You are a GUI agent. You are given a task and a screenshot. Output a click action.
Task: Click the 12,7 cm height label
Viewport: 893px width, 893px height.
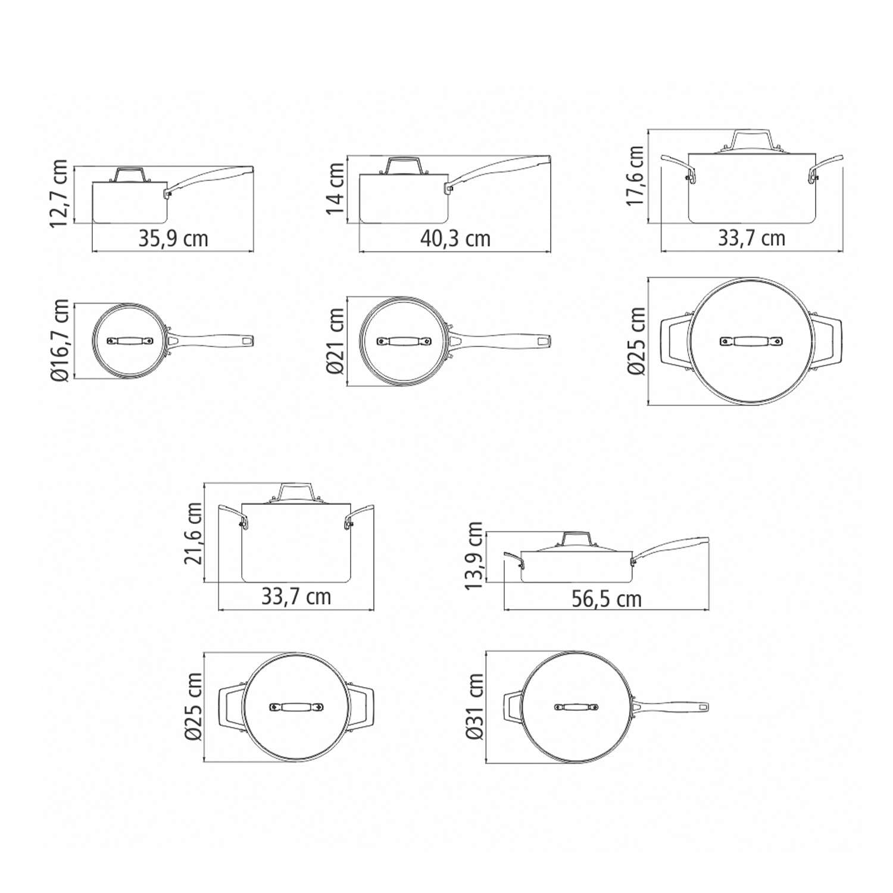click(x=60, y=193)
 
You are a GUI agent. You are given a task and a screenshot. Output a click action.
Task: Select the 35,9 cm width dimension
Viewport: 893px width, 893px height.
click(x=173, y=239)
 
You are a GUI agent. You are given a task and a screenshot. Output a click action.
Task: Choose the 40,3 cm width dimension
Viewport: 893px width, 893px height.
click(x=455, y=239)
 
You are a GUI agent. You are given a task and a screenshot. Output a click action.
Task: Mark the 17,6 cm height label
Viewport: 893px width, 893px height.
click(x=636, y=176)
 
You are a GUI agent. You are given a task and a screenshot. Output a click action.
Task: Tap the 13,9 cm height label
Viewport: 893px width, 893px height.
click(x=474, y=555)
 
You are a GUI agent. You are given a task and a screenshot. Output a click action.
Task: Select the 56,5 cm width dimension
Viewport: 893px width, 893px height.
click(x=607, y=599)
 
